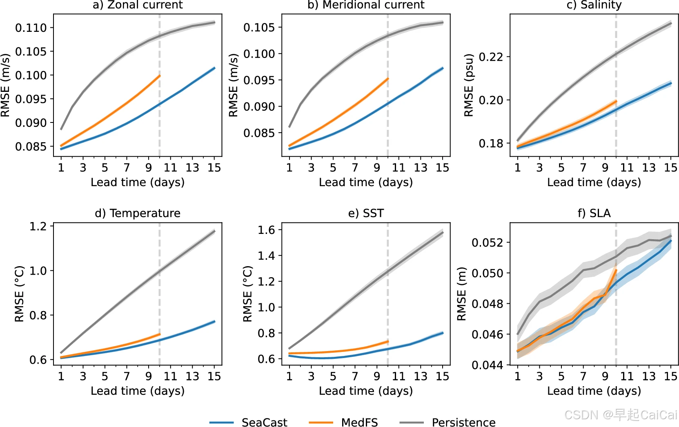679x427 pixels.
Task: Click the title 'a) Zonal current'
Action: coord(138,5)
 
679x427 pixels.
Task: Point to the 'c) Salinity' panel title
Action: coord(594,5)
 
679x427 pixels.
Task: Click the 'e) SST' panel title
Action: coord(366,213)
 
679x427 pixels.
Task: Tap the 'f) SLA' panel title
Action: coord(594,213)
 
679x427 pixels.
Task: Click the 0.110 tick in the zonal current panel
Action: coord(31,28)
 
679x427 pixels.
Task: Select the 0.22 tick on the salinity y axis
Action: coord(491,57)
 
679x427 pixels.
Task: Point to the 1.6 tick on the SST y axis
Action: coord(266,230)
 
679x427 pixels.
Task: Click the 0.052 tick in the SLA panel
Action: coord(487,242)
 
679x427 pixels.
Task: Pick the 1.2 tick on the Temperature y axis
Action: coord(38,226)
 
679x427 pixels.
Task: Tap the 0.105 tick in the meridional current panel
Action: coord(259,27)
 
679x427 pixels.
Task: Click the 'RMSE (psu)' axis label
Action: coord(469,85)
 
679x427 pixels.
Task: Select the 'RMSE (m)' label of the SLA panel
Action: coord(461,294)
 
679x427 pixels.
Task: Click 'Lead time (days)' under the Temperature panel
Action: coord(138,391)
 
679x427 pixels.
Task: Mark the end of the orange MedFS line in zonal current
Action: coord(159,76)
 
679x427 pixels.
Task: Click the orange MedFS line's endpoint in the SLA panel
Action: coord(616,270)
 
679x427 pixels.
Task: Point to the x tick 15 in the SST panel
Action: coord(442,376)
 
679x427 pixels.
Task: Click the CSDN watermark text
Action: coord(621,415)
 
